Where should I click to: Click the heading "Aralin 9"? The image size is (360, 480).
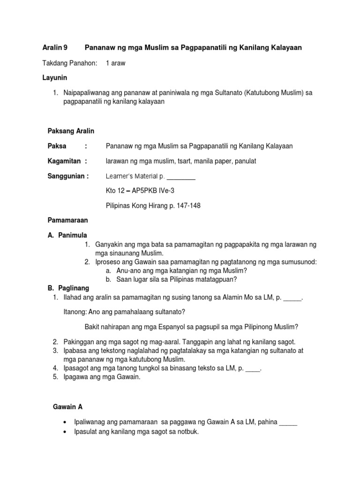[55, 48]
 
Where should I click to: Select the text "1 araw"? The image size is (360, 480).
[115, 63]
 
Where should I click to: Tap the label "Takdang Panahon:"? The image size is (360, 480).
[70, 63]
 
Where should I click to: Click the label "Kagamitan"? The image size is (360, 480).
[65, 161]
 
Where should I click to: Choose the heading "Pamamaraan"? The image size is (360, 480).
[68, 220]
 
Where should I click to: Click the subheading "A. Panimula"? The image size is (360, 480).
[67, 235]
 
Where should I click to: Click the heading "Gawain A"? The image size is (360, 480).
[67, 407]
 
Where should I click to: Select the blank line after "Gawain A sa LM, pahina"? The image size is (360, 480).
[288, 422]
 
